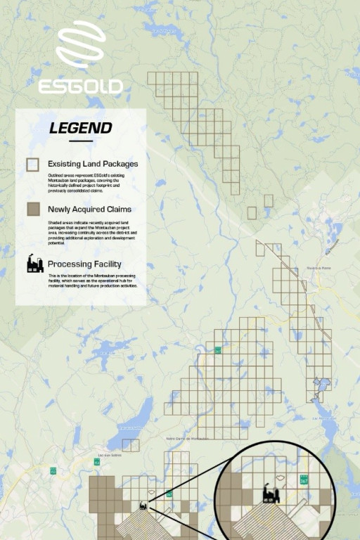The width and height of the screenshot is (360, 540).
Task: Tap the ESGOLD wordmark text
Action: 80,86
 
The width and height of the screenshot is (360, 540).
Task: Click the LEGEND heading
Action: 80,128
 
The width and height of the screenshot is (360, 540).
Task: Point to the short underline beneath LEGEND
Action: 80,141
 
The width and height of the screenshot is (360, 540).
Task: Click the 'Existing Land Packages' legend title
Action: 93,164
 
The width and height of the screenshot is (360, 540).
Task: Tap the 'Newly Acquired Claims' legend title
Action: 89,210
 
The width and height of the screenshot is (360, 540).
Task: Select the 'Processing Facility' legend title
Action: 89,264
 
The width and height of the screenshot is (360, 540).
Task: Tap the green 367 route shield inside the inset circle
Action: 304,479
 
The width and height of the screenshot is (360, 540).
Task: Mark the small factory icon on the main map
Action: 143,505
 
